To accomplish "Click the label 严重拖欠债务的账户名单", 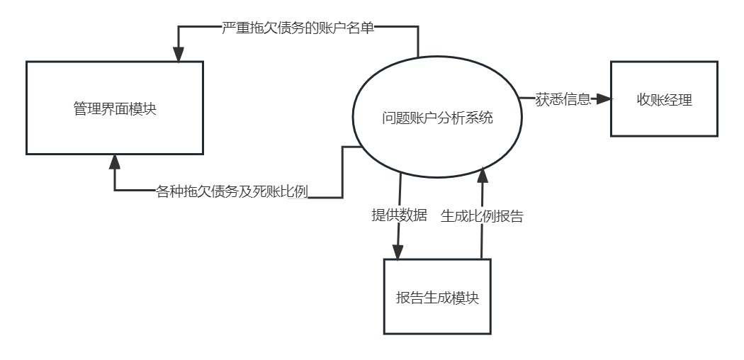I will [298, 28].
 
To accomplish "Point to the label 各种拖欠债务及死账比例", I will [232, 192].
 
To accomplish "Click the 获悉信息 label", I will [563, 100].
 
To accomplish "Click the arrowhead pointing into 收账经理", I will [604, 99].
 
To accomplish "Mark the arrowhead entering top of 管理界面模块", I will [178, 55].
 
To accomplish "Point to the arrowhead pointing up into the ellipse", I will [483, 170].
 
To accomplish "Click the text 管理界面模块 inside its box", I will [115, 109].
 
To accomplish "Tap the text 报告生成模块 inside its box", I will [437, 298].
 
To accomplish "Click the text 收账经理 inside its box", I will [664, 99].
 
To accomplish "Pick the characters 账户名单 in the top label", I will [348, 28].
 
